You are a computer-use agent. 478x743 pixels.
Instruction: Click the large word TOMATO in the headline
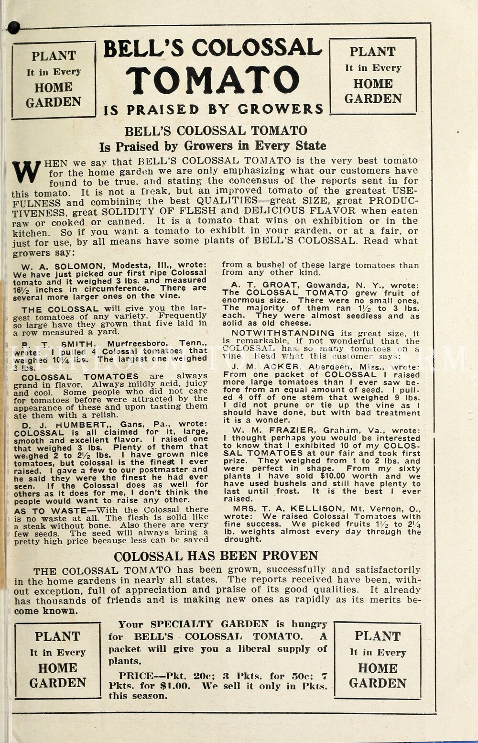coord(213,79)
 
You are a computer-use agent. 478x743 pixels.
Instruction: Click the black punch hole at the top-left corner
coord(13,28)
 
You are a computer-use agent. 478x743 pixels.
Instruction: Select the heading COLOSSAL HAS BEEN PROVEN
coord(216,556)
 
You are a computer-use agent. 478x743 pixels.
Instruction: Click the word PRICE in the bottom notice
coord(136,676)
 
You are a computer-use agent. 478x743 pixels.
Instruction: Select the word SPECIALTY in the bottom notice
coord(181,624)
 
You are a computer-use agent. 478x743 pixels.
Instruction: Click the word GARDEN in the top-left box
coord(54,102)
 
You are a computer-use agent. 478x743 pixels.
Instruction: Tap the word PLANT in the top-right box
coord(372,52)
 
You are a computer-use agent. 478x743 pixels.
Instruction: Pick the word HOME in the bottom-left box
coord(57,668)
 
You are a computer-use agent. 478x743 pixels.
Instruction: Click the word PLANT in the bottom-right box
coord(378,636)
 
